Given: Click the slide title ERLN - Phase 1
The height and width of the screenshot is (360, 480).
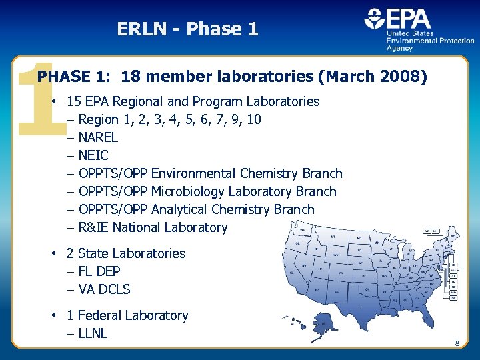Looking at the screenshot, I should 187,29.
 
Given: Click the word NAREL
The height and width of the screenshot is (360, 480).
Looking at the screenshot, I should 98,137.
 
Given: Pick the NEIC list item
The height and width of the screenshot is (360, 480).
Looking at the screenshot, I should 93,155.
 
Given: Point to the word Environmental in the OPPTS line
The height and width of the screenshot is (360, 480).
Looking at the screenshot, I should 193,173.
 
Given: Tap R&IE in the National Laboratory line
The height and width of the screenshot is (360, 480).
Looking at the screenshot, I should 93,227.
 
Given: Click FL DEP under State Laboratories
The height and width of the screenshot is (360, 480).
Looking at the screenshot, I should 99,271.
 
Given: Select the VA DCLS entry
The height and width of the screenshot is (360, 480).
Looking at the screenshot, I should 104,289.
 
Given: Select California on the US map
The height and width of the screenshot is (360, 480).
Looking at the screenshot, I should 294,273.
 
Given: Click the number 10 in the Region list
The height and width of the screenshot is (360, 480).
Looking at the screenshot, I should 253,120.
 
